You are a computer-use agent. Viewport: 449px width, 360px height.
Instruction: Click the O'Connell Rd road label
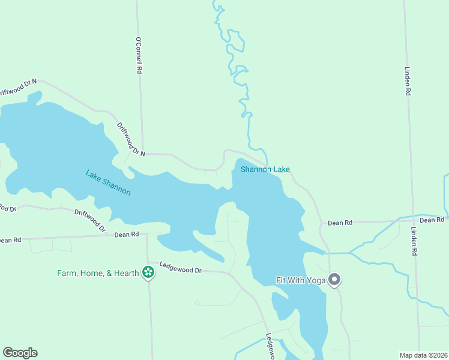tap(139, 56)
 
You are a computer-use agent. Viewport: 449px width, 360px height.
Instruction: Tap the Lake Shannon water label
tap(108, 182)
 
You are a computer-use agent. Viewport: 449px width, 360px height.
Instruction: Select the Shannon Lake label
tap(265, 169)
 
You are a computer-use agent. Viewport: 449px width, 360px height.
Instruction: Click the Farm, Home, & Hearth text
tap(98, 273)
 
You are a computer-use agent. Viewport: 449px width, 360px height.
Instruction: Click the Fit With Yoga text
tap(300, 280)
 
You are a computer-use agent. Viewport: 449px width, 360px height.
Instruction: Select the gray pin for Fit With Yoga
tap(335, 280)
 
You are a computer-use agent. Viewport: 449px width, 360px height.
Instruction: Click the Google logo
tap(20, 353)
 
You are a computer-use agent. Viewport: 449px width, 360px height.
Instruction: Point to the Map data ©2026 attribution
tap(423, 355)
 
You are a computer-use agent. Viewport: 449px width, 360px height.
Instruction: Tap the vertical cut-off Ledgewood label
tap(270, 347)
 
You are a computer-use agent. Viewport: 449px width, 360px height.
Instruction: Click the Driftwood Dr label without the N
tap(90, 221)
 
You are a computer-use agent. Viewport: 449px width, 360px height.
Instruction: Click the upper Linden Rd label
tap(408, 81)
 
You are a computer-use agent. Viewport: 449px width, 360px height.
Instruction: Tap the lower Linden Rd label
tap(414, 241)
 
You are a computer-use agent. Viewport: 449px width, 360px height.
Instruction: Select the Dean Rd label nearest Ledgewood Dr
tap(127, 234)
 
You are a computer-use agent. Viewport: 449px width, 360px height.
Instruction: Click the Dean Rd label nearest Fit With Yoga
tap(340, 223)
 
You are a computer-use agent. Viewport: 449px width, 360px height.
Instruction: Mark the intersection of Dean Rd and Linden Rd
tap(411, 220)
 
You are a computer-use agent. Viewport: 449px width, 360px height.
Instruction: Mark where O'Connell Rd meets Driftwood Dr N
tap(143, 154)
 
